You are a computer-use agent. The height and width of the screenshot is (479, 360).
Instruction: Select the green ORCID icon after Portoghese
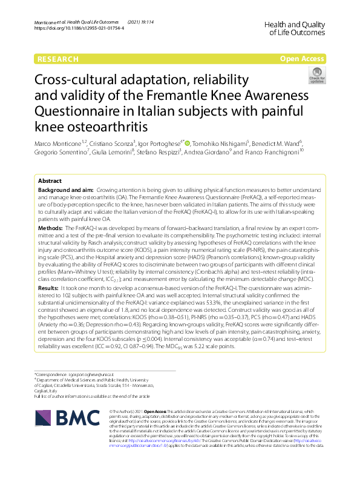pyautogui.click(x=188, y=143)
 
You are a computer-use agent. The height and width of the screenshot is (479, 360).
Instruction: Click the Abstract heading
pyautogui.click(x=50, y=181)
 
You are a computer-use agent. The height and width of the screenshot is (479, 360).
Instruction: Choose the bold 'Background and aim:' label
pyautogui.click(x=65, y=190)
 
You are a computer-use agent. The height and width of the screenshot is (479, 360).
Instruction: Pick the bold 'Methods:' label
pyautogui.click(x=51, y=227)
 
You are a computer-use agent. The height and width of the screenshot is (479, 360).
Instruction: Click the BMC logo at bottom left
pyautogui.click(x=67, y=417)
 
